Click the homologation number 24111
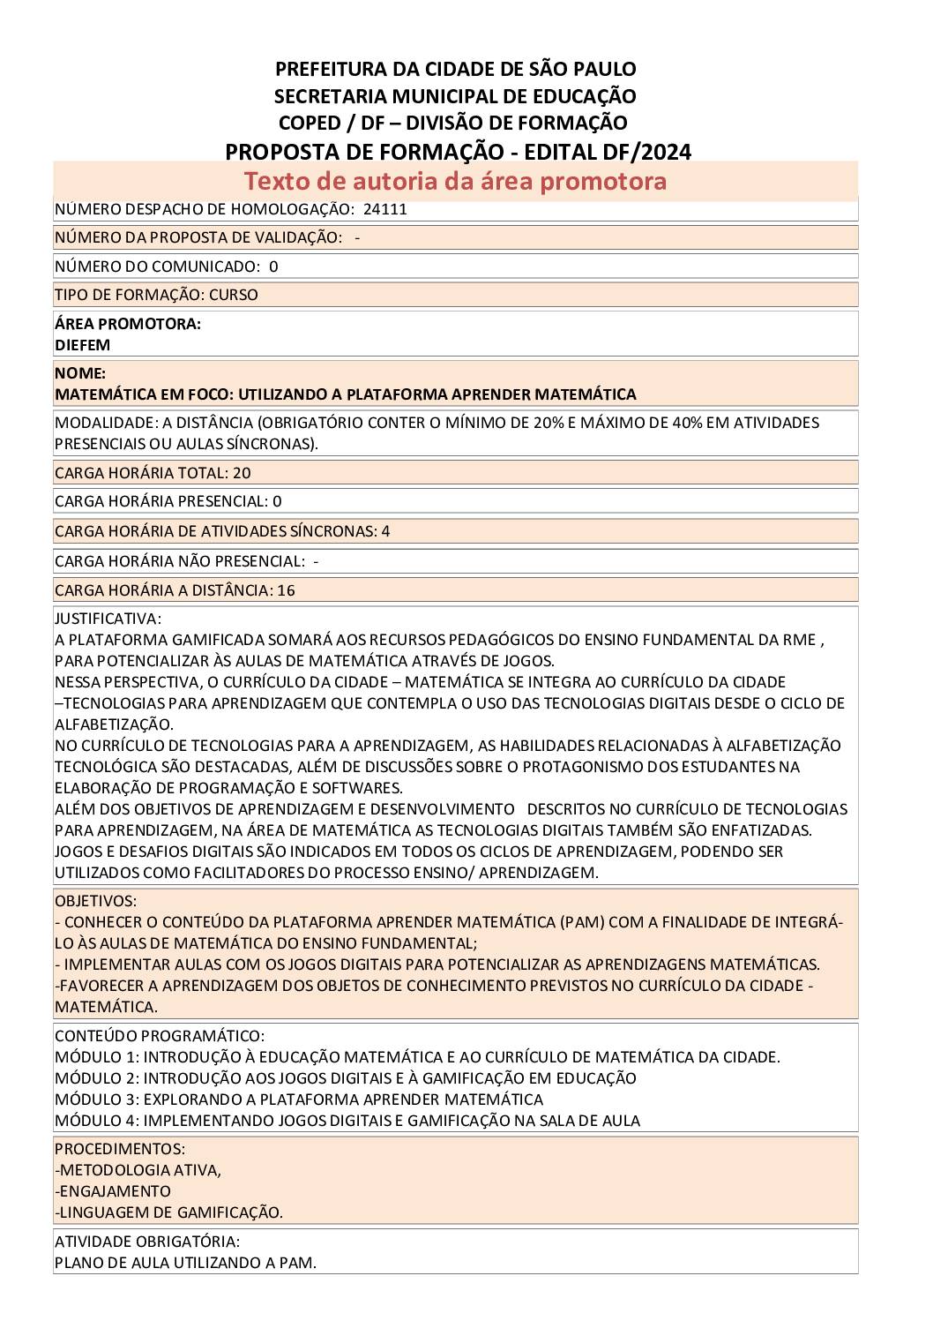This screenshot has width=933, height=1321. tap(384, 209)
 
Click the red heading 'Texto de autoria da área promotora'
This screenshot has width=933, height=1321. tap(455, 181)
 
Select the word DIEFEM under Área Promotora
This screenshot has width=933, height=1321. tap(82, 345)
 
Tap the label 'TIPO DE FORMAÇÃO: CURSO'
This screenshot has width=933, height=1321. tap(156, 295)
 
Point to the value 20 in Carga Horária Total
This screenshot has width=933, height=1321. tap(242, 473)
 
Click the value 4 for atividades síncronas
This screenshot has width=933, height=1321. tap(385, 531)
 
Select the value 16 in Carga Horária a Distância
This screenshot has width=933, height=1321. tap(286, 590)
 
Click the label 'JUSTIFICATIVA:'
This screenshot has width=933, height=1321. tap(108, 619)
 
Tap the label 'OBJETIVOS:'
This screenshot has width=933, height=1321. tap(95, 901)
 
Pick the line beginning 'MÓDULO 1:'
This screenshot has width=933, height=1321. tap(417, 1057)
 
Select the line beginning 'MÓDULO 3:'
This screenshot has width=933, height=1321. tap(299, 1100)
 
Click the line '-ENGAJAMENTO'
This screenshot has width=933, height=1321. tap(112, 1191)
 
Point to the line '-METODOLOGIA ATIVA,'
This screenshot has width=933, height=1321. tap(138, 1170)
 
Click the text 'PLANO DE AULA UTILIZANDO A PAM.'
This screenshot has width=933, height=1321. tap(185, 1263)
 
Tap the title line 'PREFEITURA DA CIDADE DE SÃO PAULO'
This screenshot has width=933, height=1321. tap(455, 69)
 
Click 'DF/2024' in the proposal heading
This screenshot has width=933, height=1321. tap(648, 152)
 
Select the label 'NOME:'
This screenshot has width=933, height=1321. tap(79, 373)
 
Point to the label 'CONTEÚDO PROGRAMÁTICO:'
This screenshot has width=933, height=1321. tap(159, 1036)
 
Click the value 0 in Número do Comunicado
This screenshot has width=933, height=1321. tap(273, 266)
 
